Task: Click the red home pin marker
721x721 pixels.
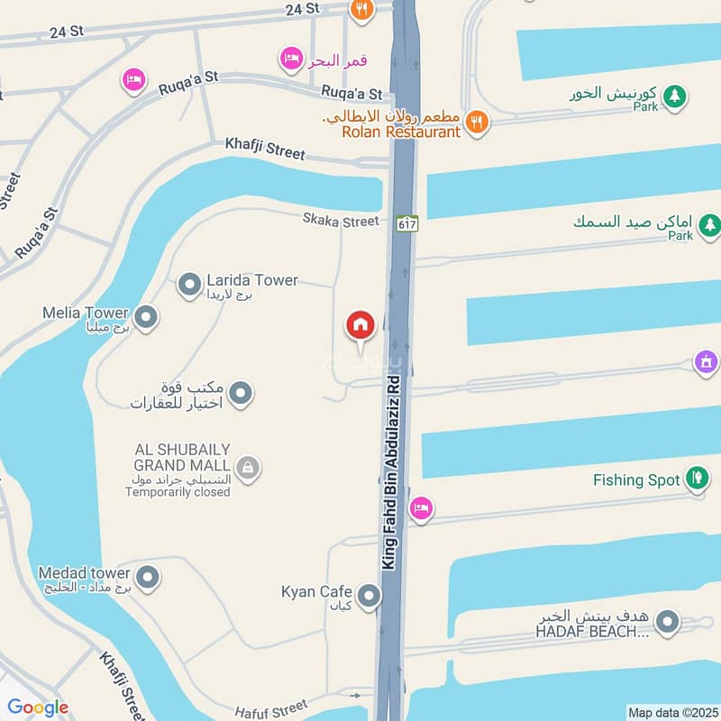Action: pyautogui.click(x=360, y=326)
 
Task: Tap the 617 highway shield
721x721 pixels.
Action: pyautogui.click(x=407, y=223)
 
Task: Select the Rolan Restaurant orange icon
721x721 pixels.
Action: pyautogui.click(x=477, y=123)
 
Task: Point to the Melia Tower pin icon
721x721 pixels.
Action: pyautogui.click(x=146, y=317)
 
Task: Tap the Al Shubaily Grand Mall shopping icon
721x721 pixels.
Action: pyautogui.click(x=247, y=468)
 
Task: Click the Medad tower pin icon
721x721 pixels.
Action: pyautogui.click(x=148, y=578)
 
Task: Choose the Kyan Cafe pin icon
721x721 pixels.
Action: pyautogui.click(x=369, y=596)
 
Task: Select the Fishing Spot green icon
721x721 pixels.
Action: pyautogui.click(x=697, y=479)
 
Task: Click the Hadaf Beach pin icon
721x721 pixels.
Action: pyautogui.click(x=667, y=621)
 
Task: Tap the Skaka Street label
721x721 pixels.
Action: pyautogui.click(x=341, y=221)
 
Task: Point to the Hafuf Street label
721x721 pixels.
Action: pyautogui.click(x=271, y=707)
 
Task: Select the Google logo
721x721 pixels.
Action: pyautogui.click(x=38, y=707)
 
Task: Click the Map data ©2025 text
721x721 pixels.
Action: pyautogui.click(x=671, y=713)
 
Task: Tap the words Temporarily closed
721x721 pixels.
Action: pyautogui.click(x=178, y=492)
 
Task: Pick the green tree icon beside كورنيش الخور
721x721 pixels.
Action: pyautogui.click(x=675, y=95)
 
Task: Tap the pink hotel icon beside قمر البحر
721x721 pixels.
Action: pyautogui.click(x=291, y=60)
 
